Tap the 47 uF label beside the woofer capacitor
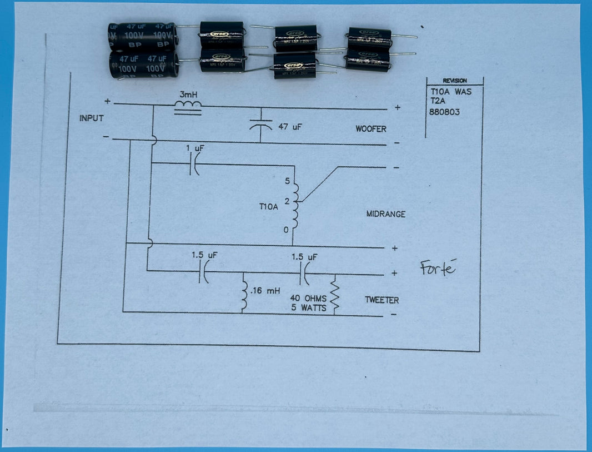[290, 127]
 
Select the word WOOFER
[371, 129]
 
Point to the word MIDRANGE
[386, 214]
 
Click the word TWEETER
[382, 300]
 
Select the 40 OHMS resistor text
[308, 299]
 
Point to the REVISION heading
[454, 81]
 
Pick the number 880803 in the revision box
[445, 112]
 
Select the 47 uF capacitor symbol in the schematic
[261, 126]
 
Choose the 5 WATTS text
[308, 307]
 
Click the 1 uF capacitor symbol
[194, 165]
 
